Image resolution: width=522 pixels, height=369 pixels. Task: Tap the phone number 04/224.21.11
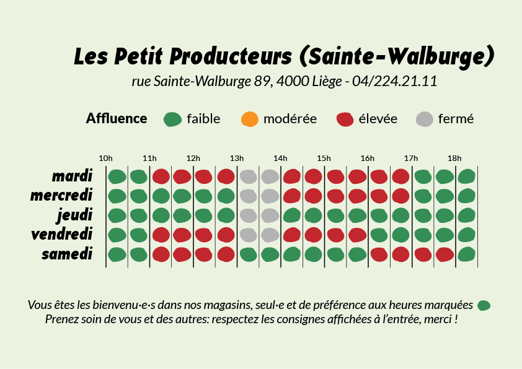395,81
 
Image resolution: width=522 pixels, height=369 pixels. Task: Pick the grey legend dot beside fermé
424,119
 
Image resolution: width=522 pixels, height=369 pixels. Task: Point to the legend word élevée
378,119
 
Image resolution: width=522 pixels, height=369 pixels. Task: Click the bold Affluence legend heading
117,118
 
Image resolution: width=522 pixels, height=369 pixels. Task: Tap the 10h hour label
106,158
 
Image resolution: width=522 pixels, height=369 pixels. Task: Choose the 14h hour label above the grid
280,158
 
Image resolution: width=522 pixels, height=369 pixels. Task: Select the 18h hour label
454,158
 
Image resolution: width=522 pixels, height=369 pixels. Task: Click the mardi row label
73,176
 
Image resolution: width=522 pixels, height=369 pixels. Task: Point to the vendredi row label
61,235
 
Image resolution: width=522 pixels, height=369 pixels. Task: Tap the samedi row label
67,254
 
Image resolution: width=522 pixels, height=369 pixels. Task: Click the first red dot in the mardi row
161,176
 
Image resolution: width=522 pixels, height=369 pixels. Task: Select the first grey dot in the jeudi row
248,215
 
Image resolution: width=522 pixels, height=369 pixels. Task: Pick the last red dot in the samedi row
445,254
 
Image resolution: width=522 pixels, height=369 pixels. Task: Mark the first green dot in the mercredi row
117,196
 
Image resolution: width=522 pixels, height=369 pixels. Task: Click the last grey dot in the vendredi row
270,235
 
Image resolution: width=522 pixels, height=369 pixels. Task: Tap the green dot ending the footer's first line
484,305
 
